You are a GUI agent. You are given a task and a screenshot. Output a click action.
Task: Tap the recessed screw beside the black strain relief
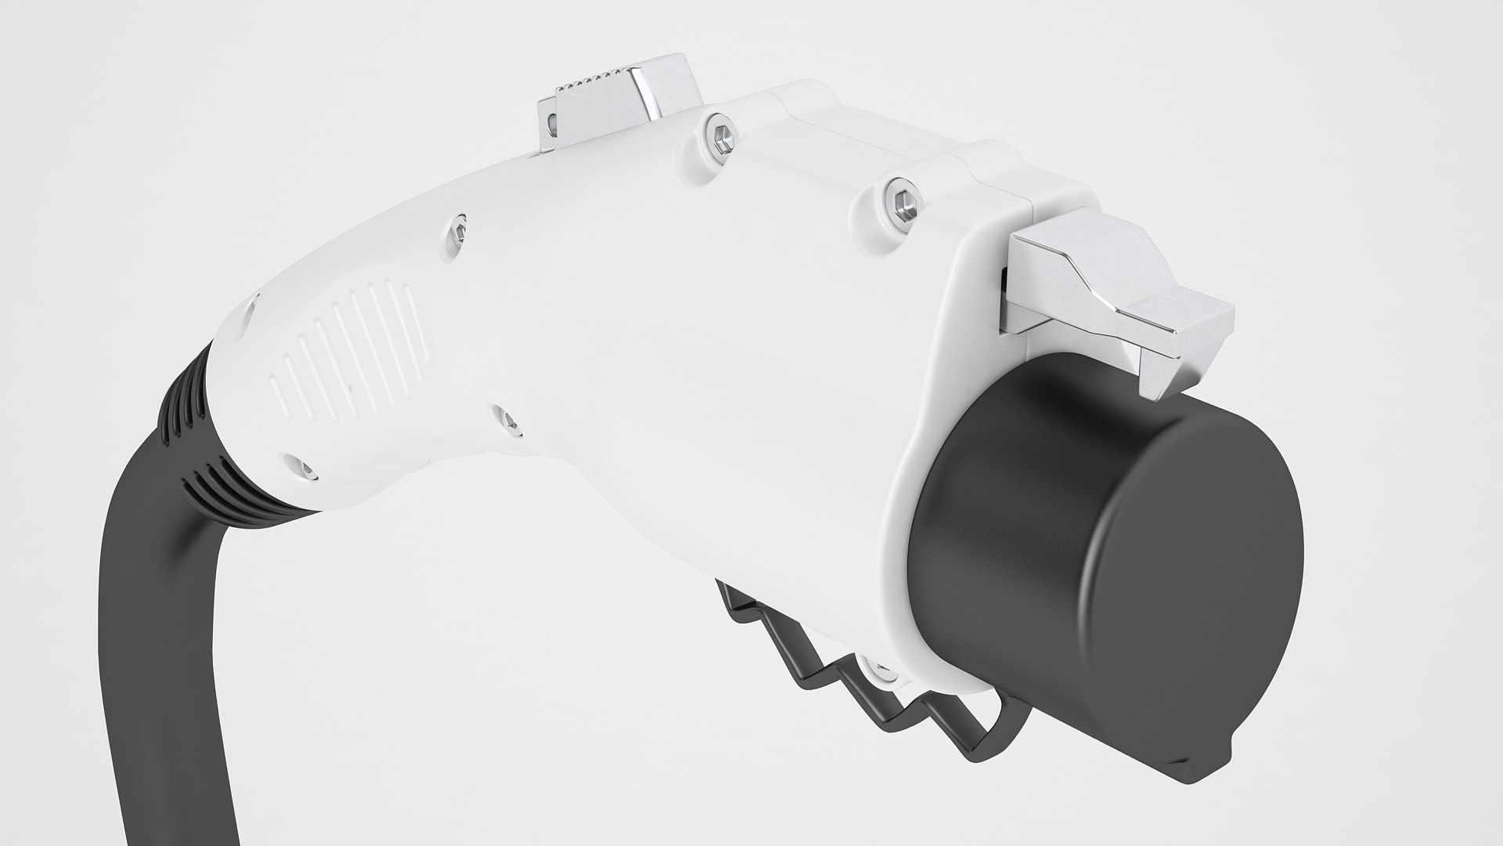coord(307,471)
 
